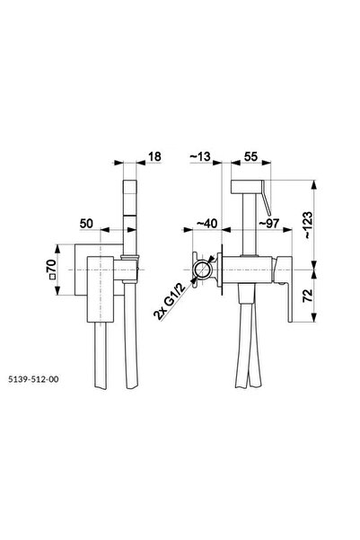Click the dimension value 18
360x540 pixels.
tap(154, 156)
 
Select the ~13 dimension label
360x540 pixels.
tap(200, 156)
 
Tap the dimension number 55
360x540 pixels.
tap(250, 156)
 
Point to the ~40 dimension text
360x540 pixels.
tap(206, 224)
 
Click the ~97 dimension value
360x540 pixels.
tap(268, 224)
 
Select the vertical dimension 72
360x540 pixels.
tap(308, 296)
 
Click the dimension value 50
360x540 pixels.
tap(86, 224)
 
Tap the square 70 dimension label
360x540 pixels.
tap(51, 270)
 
